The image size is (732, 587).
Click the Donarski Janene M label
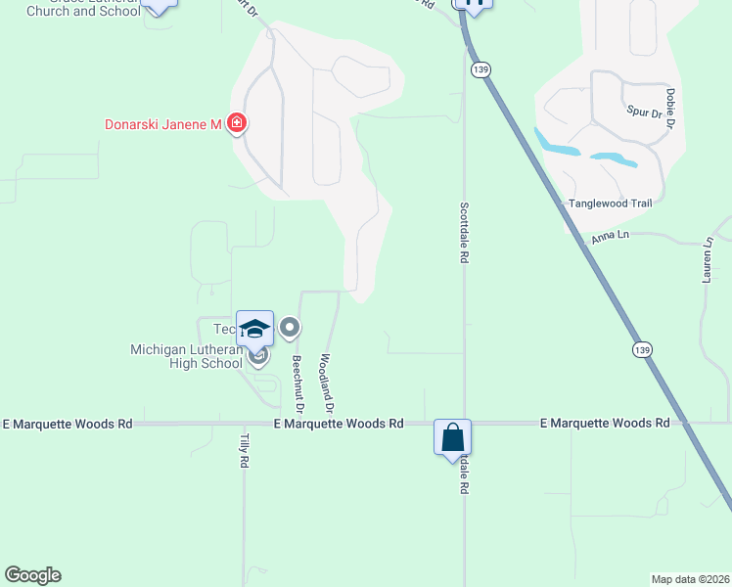click(x=163, y=124)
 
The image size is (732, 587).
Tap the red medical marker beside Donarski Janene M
click(x=236, y=123)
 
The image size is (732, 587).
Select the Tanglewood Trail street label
click(x=610, y=203)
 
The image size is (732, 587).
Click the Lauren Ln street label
click(x=708, y=260)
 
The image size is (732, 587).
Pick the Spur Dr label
click(x=644, y=113)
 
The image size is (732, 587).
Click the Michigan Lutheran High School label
click(x=186, y=356)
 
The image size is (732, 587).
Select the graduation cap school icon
click(x=254, y=329)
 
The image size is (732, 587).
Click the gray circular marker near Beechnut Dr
click(x=290, y=329)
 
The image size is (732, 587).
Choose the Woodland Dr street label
click(x=327, y=383)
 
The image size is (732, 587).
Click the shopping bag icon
click(x=453, y=436)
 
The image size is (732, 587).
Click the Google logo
click(x=32, y=575)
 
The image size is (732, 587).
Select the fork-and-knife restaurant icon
click(x=475, y=5)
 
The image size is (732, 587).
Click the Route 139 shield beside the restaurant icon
click(x=480, y=69)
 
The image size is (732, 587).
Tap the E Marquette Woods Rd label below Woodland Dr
click(x=341, y=424)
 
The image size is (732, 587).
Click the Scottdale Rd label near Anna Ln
click(x=464, y=233)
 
